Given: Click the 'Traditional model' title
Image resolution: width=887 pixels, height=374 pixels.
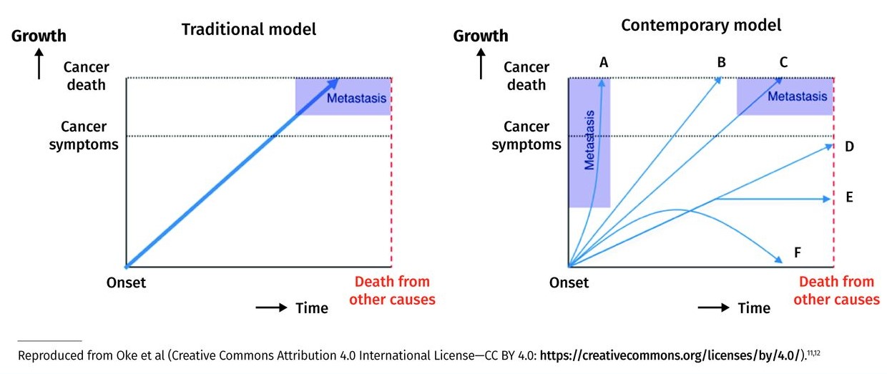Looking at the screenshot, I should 248,30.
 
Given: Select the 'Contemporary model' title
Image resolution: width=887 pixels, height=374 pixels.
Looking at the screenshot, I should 701,26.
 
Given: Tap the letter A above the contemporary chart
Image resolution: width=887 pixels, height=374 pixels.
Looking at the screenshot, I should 604,62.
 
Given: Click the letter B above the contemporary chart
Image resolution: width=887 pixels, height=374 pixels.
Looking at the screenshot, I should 721,62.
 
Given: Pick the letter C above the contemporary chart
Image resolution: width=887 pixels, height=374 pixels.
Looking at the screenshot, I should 783,62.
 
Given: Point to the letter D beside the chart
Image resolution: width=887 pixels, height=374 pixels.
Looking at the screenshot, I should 849,147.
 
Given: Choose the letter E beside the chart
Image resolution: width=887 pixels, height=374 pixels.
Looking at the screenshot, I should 849,197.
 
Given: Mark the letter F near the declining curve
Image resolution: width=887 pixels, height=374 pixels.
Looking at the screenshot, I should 797,252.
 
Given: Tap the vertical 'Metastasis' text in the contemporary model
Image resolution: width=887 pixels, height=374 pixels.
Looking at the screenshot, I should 589,139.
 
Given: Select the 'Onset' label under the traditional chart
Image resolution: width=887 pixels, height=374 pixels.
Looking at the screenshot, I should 126,282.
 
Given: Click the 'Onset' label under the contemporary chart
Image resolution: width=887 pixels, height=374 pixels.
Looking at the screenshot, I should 569,282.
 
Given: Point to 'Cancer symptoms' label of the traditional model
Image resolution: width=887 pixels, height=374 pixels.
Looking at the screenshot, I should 84,135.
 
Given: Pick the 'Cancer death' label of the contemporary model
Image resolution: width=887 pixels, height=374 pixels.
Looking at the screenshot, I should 526,76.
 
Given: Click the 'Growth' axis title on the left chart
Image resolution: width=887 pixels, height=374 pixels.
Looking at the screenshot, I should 39,35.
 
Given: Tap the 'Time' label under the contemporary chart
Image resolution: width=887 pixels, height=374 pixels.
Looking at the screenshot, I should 754,308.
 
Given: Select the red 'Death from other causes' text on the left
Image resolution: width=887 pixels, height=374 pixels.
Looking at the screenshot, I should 392,290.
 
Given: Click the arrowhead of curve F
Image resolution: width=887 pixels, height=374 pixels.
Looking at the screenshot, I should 778,261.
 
